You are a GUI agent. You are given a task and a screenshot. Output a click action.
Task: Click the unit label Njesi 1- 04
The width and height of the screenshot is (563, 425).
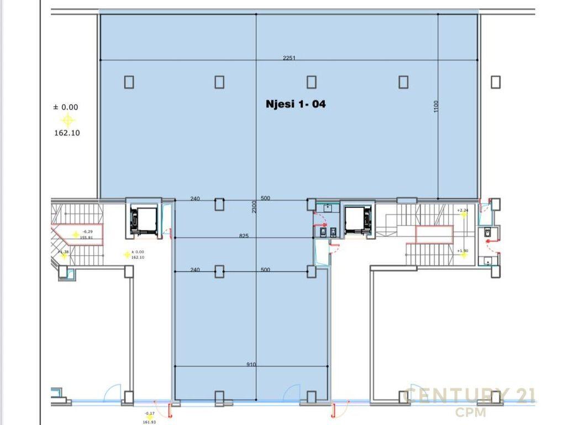click(x=296, y=103)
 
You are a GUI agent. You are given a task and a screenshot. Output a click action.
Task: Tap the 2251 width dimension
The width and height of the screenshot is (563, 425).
click(x=290, y=58)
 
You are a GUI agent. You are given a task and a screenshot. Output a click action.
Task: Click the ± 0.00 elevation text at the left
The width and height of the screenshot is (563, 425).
click(x=66, y=107)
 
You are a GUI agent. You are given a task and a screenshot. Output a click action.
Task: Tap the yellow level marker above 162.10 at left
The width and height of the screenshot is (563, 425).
click(x=67, y=120)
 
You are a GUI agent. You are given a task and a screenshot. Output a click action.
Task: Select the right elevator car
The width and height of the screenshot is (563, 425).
click(x=358, y=219)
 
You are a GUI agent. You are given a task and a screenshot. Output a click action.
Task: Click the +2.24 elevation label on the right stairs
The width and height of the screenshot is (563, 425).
click(x=462, y=210)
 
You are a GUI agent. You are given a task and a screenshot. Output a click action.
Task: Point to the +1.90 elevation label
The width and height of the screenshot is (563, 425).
click(x=462, y=251)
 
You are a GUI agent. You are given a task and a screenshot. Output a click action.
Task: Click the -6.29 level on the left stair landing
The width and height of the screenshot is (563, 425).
click(x=87, y=232)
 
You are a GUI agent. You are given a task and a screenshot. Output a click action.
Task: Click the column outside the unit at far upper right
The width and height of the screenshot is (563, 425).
click(x=496, y=82)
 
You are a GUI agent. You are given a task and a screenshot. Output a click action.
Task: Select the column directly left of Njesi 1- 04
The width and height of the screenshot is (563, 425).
click(x=219, y=82)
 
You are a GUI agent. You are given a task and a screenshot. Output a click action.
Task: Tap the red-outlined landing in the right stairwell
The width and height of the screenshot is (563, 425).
click(x=434, y=235)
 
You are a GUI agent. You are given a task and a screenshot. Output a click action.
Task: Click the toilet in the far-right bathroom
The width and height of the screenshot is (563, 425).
click(x=488, y=234)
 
